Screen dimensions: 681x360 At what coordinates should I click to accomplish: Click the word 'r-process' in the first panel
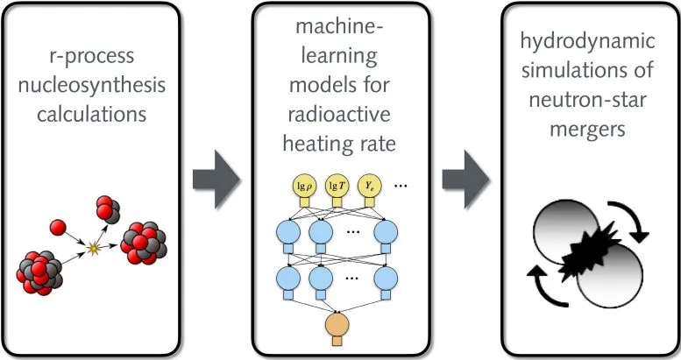coord(92,57)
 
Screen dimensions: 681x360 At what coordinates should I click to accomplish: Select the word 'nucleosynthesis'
coord(92,85)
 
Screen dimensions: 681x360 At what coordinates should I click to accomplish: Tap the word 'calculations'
coord(92,114)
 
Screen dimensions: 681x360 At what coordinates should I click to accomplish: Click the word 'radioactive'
coord(339,114)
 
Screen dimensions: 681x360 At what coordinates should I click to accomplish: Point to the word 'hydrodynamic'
coord(587,42)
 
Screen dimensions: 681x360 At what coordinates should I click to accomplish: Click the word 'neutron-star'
coord(587,100)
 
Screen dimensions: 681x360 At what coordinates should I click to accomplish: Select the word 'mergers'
coord(587,130)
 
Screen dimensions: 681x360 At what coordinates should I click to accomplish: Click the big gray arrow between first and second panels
coord(216,180)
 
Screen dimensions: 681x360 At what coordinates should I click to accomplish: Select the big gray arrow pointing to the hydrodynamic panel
coord(466,180)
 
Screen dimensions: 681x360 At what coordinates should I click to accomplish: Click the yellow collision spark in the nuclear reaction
coord(93,249)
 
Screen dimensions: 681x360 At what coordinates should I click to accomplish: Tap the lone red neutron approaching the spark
coord(58,228)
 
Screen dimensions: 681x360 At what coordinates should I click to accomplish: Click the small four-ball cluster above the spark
coord(108,209)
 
